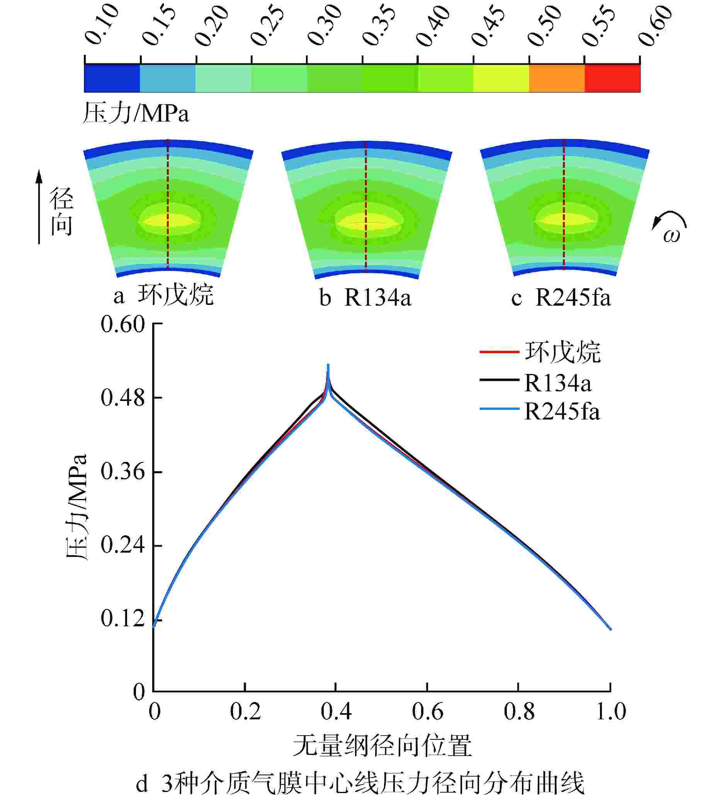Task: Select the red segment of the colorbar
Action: (x=612, y=78)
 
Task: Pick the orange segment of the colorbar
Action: (x=557, y=78)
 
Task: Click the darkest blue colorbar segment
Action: (x=112, y=78)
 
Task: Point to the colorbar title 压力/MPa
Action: (x=136, y=114)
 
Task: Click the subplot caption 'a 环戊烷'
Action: (x=163, y=296)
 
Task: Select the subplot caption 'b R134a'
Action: (x=365, y=298)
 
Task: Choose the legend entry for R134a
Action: (x=557, y=383)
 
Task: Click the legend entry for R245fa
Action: (x=561, y=412)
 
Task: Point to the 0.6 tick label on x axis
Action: (x=427, y=711)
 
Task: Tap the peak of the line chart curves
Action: (x=328, y=365)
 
